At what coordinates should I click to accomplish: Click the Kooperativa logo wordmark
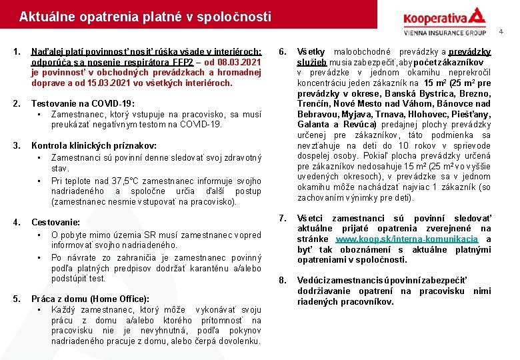click(436, 17)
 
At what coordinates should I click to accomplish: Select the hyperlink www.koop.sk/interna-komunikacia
click(407, 239)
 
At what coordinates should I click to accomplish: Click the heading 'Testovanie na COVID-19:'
click(83, 103)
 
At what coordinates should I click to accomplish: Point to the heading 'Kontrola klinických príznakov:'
click(94, 145)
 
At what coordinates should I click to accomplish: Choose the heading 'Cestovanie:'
click(55, 222)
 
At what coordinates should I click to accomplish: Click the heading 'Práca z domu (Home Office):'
click(90, 299)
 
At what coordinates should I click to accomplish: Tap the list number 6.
click(283, 51)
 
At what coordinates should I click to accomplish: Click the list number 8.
click(283, 281)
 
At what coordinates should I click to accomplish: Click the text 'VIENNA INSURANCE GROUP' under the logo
click(445, 32)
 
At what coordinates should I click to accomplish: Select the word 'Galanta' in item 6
click(313, 125)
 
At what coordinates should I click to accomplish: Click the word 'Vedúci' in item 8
click(311, 281)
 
